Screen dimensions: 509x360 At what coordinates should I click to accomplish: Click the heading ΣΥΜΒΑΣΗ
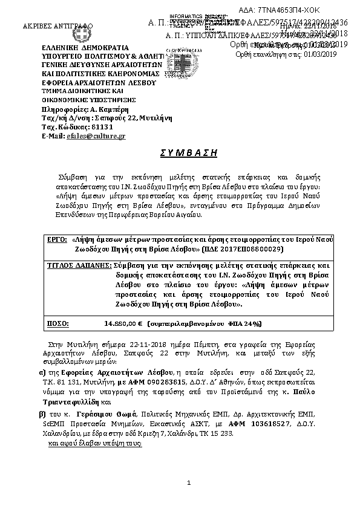pos(180,153)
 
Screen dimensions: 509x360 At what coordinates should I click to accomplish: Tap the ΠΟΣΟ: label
pos(58,324)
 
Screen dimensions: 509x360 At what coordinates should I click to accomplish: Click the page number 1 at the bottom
pos(189,482)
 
